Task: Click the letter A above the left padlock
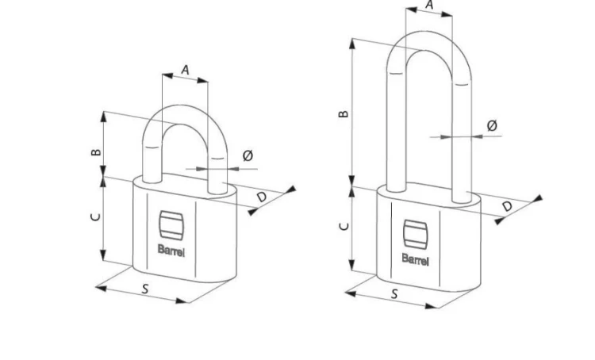[185, 70]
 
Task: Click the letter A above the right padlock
[429, 5]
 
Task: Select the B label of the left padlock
[96, 152]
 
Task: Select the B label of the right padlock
[344, 113]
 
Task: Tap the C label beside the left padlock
[96, 216]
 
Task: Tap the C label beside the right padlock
[344, 227]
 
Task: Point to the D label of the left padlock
[262, 197]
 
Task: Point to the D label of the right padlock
[507, 206]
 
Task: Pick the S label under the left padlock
[145, 289]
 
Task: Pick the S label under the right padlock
[394, 293]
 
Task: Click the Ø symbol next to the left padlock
[248, 155]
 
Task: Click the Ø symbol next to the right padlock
[492, 125]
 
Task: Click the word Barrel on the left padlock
[171, 251]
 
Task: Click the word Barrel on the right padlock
[416, 260]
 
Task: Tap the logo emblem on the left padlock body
[171, 225]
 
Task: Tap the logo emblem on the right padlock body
[416, 235]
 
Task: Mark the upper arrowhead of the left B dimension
[104, 116]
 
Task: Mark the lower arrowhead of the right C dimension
[351, 265]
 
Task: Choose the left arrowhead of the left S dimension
[101, 288]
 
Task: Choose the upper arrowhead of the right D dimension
[538, 198]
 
